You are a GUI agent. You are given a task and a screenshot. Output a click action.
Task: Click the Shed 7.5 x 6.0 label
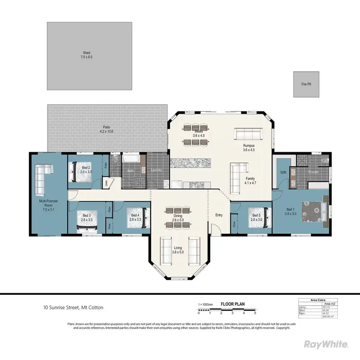[86, 55]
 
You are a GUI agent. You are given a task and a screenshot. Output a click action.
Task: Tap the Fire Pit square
[307, 84]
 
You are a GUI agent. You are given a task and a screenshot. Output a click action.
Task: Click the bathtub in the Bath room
[130, 159]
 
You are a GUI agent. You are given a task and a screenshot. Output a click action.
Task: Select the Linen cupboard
[106, 182]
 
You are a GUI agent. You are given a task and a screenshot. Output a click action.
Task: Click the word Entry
[219, 215]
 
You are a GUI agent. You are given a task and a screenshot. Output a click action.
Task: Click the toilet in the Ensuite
[322, 160]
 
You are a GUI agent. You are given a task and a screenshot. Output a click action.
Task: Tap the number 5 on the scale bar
[255, 313]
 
